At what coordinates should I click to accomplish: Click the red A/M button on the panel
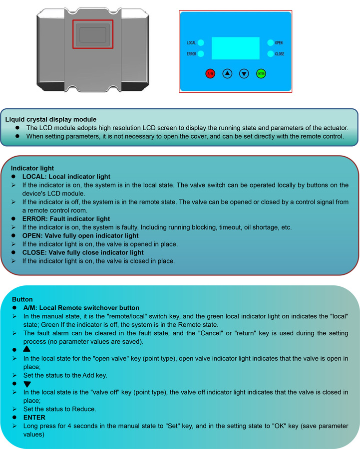(210, 74)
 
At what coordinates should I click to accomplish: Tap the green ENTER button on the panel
(261, 74)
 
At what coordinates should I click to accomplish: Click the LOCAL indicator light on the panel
(201, 43)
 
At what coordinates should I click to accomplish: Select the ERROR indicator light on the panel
(201, 53)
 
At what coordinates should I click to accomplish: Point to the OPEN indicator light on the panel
(270, 43)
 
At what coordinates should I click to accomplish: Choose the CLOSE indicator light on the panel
(270, 53)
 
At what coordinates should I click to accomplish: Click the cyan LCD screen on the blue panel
(236, 48)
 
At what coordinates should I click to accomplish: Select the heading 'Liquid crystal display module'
(51, 119)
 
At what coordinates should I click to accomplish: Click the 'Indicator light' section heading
(32, 168)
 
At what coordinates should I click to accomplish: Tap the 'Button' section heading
(22, 299)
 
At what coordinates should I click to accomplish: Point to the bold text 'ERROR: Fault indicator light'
(66, 219)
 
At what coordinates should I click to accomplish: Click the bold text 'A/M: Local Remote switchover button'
(81, 308)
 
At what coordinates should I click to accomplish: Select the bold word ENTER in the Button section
(34, 418)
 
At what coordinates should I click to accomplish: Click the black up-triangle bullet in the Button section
(26, 349)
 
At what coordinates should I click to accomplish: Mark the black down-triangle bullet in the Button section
(27, 384)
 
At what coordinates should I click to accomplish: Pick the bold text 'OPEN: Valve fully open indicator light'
(80, 235)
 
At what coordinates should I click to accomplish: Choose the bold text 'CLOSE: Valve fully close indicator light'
(83, 252)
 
